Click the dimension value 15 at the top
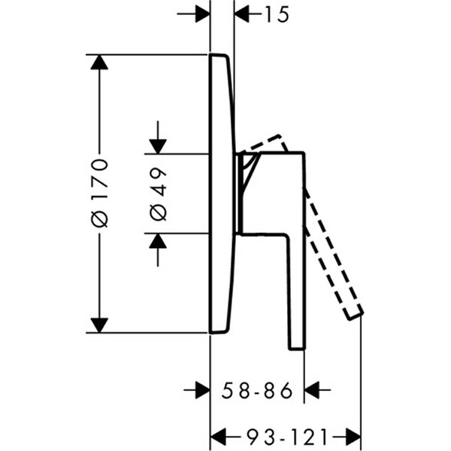(x=277, y=14)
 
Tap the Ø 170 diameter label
(x=99, y=193)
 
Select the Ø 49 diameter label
(x=158, y=194)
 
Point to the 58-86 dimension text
(x=257, y=390)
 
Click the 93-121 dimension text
(x=287, y=437)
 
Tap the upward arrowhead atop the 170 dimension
(x=99, y=62)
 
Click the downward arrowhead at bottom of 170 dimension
(x=99, y=325)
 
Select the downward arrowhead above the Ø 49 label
(x=158, y=147)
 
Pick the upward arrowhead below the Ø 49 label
(x=158, y=241)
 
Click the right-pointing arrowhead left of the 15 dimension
(x=203, y=14)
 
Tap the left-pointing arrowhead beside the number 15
(x=242, y=14)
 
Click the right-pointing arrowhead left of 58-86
(x=203, y=390)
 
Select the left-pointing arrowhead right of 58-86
(x=311, y=390)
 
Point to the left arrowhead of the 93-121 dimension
(x=218, y=437)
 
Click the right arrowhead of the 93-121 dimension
(x=353, y=437)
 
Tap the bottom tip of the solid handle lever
(x=297, y=349)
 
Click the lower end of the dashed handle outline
(x=356, y=316)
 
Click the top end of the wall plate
(x=219, y=55)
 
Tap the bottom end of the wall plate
(x=219, y=332)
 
